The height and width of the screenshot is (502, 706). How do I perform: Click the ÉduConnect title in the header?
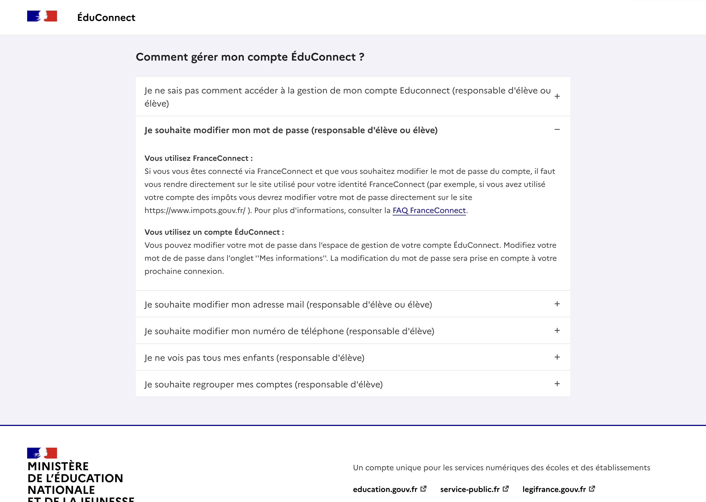click(x=106, y=18)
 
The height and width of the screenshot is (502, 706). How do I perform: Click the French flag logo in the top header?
click(x=42, y=16)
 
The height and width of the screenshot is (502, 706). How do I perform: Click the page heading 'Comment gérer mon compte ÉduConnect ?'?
click(x=250, y=57)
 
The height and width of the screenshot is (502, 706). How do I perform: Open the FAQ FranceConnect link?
click(x=429, y=211)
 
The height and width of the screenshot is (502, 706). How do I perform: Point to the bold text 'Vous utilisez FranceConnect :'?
click(x=198, y=158)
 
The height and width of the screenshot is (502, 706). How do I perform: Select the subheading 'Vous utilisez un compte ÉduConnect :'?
click(x=214, y=232)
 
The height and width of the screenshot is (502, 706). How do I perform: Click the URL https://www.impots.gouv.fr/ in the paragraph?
click(x=195, y=211)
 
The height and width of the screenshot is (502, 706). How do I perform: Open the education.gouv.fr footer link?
click(x=385, y=489)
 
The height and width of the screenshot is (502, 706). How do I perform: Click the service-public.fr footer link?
click(x=470, y=489)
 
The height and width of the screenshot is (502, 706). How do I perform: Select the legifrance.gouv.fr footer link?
click(x=554, y=489)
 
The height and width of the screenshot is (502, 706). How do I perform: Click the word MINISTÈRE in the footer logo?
click(x=58, y=466)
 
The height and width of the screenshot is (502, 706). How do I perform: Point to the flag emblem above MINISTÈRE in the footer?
click(x=42, y=453)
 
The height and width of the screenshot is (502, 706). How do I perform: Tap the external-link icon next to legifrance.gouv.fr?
click(x=592, y=489)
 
